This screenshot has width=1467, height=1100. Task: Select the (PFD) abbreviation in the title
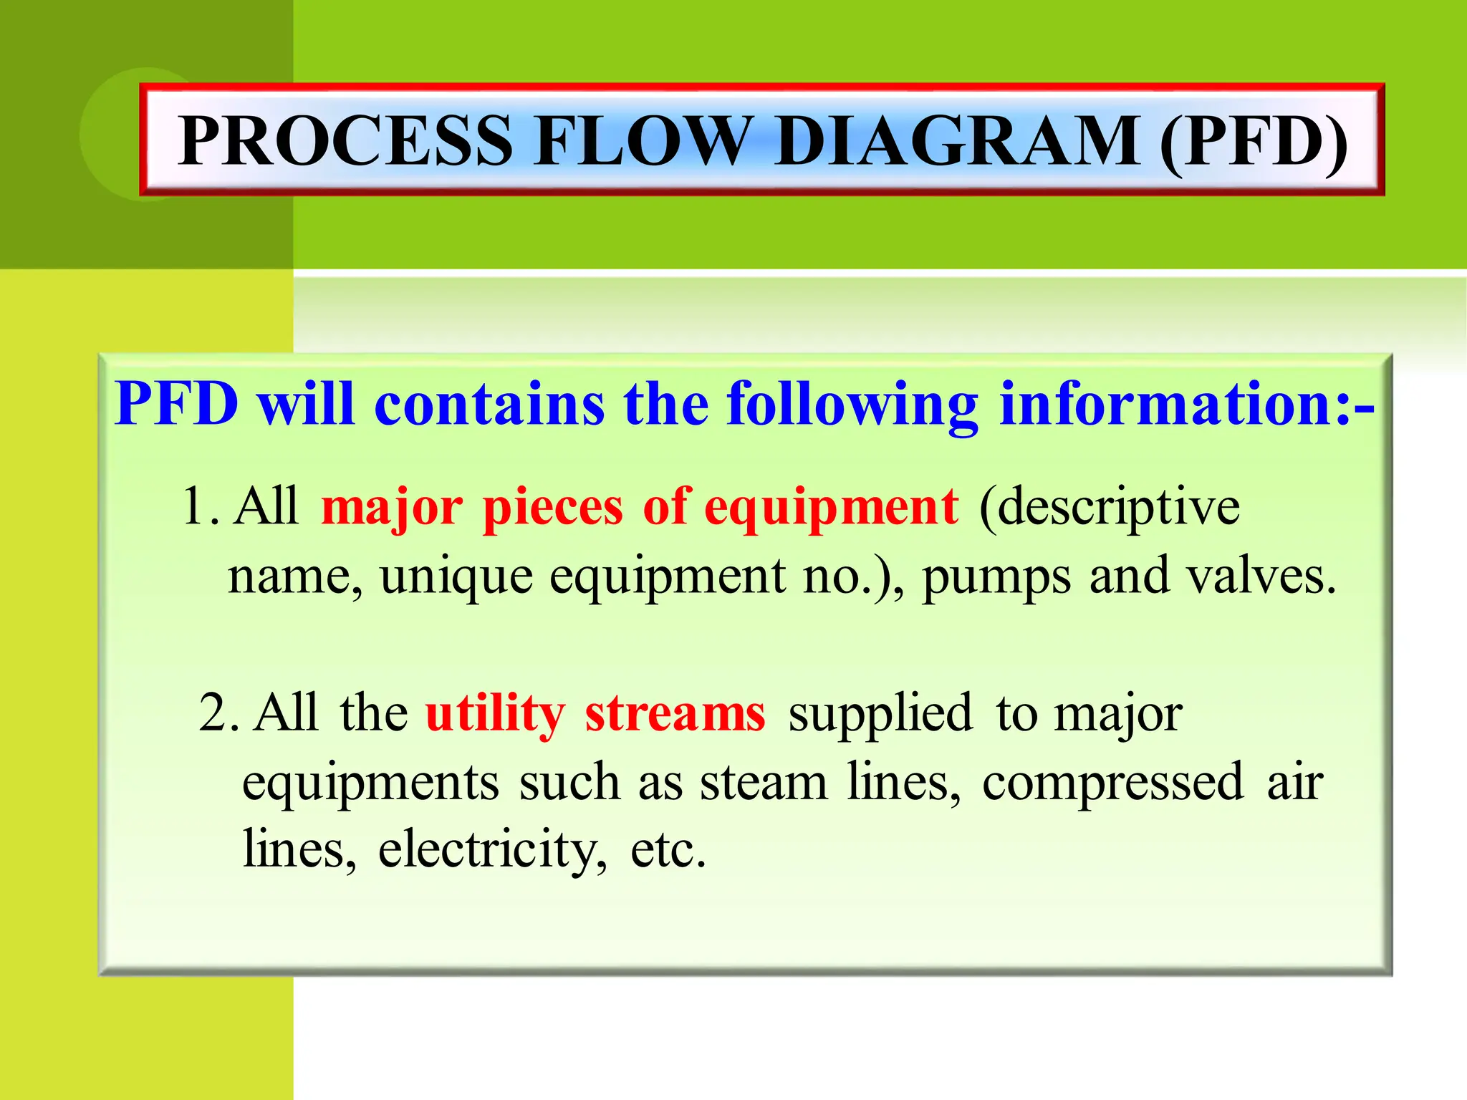1253,141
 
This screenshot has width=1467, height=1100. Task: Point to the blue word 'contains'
489,404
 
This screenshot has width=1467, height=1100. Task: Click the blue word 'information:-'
1186,404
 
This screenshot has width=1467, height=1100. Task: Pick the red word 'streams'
675,713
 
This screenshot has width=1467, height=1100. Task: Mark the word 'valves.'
1261,576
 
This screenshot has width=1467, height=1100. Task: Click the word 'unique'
456,577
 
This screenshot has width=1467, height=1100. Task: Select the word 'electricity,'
493,849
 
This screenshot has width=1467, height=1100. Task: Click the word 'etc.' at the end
668,849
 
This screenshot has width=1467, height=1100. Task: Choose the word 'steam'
764,782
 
